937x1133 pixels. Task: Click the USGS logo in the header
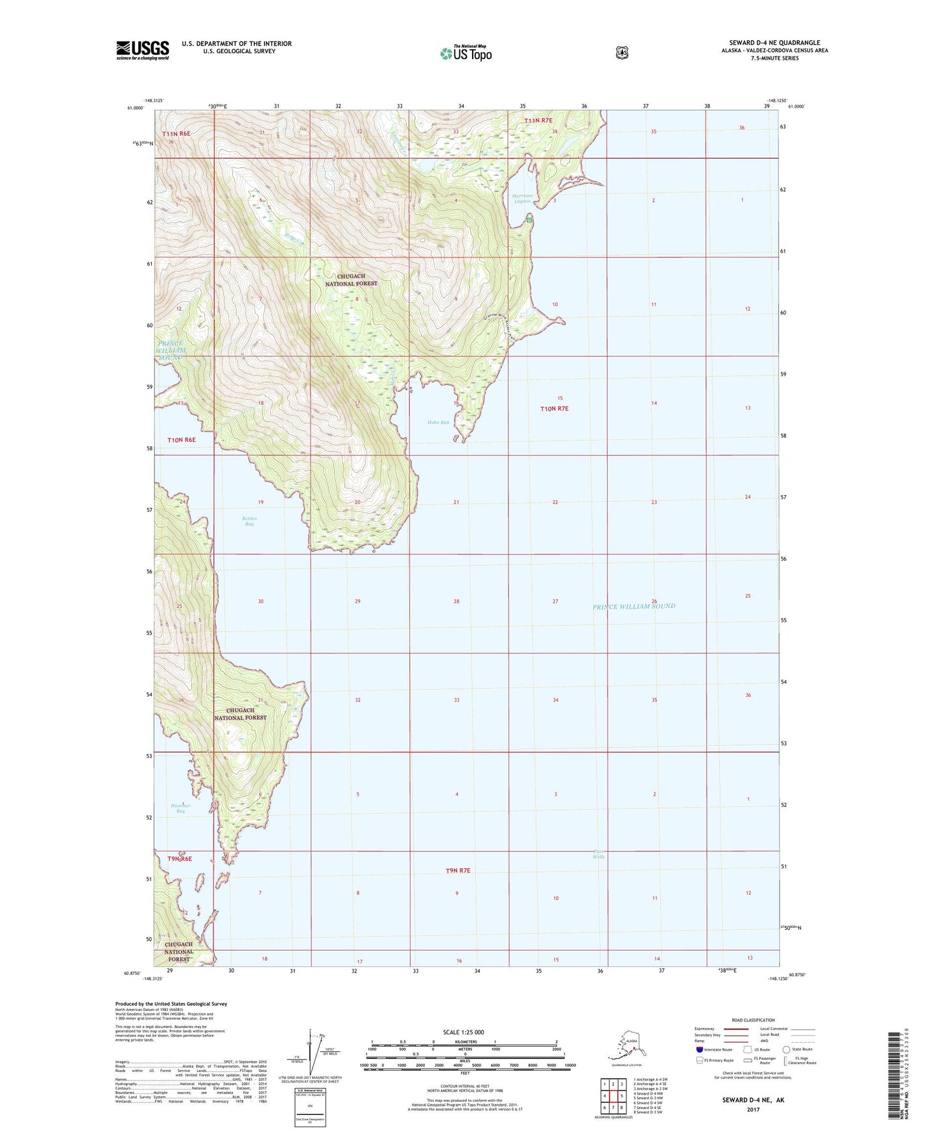pyautogui.click(x=143, y=49)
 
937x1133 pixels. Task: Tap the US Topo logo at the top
pyautogui.click(x=466, y=53)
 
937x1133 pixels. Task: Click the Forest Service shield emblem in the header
pyautogui.click(x=622, y=53)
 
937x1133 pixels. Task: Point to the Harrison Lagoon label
pyautogui.click(x=521, y=199)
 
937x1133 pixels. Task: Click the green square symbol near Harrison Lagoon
pyautogui.click(x=530, y=221)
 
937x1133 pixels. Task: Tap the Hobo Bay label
pyautogui.click(x=438, y=422)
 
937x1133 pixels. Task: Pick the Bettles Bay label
pyautogui.click(x=250, y=521)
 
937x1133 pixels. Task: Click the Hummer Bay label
pyautogui.click(x=181, y=809)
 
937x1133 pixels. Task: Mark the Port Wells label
pyautogui.click(x=598, y=854)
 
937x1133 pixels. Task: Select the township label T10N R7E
pyautogui.click(x=554, y=409)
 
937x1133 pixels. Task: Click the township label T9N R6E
pyautogui.click(x=180, y=859)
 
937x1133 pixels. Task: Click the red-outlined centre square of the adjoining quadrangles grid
pyautogui.click(x=613, y=1097)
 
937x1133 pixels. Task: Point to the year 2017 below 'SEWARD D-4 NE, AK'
pyautogui.click(x=753, y=1110)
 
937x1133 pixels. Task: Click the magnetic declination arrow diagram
pyautogui.click(x=316, y=1054)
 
